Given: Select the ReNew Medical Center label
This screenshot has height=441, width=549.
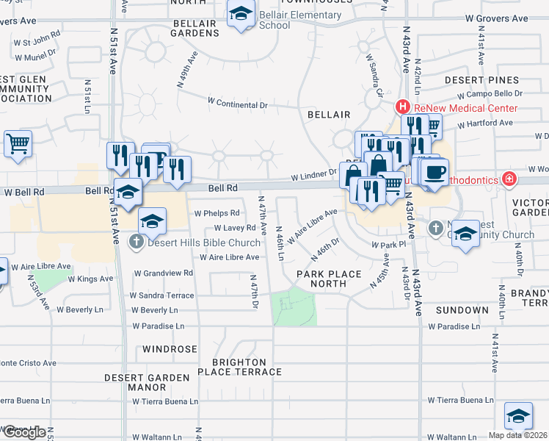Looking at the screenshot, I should tap(465, 108).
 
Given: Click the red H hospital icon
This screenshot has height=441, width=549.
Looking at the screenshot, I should tap(403, 107).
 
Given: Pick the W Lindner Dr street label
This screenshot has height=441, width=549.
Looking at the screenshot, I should tap(313, 176).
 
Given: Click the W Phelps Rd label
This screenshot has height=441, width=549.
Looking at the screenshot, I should tap(217, 213).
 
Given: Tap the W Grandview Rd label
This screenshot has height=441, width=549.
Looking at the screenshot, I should tap(163, 273).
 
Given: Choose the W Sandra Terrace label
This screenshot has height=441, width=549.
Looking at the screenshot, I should tap(163, 295).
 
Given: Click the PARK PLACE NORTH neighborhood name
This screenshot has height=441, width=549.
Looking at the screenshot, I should tap(329, 279).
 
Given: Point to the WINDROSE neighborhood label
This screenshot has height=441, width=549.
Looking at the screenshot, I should tap(170, 348).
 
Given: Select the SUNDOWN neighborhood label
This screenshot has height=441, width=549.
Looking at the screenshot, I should tap(462, 310).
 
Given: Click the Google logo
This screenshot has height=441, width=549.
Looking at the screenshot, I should tap(24, 432).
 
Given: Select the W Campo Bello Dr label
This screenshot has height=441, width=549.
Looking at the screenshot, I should tap(490, 94).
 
